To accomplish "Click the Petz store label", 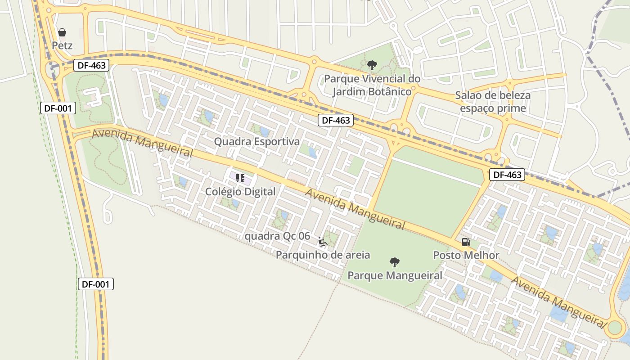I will [x=62, y=45].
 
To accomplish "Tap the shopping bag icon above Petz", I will [x=62, y=32].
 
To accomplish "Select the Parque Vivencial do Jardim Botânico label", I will [x=372, y=85].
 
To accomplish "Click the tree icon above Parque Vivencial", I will [x=372, y=65].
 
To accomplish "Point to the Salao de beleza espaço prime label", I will [x=493, y=102].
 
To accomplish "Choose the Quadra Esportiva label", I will [x=256, y=141].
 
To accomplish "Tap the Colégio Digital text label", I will [x=240, y=191].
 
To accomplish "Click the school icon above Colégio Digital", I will [x=240, y=178].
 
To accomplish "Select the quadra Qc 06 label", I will [x=277, y=236].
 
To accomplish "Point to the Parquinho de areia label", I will [x=323, y=255].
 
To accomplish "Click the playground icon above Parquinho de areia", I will [x=323, y=242].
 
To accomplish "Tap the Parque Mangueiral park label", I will [x=395, y=275].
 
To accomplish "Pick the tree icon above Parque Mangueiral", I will [x=395, y=262].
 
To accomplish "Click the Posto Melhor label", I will [x=466, y=255].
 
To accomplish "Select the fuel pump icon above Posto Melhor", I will [x=466, y=242].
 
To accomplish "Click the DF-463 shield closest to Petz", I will [x=91, y=65].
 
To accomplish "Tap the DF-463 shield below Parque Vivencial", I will [x=336, y=120].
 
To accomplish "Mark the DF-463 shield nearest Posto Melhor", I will [x=507, y=175].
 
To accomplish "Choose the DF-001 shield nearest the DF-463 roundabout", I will [x=58, y=108].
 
